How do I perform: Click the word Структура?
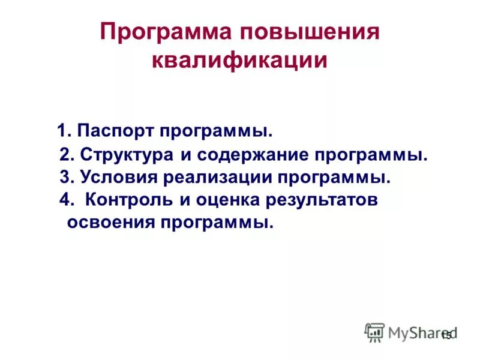(127, 155)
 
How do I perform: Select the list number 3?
(67, 178)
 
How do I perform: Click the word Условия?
(118, 178)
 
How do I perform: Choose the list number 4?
(67, 200)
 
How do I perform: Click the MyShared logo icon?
(374, 332)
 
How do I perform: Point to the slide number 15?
(446, 336)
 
